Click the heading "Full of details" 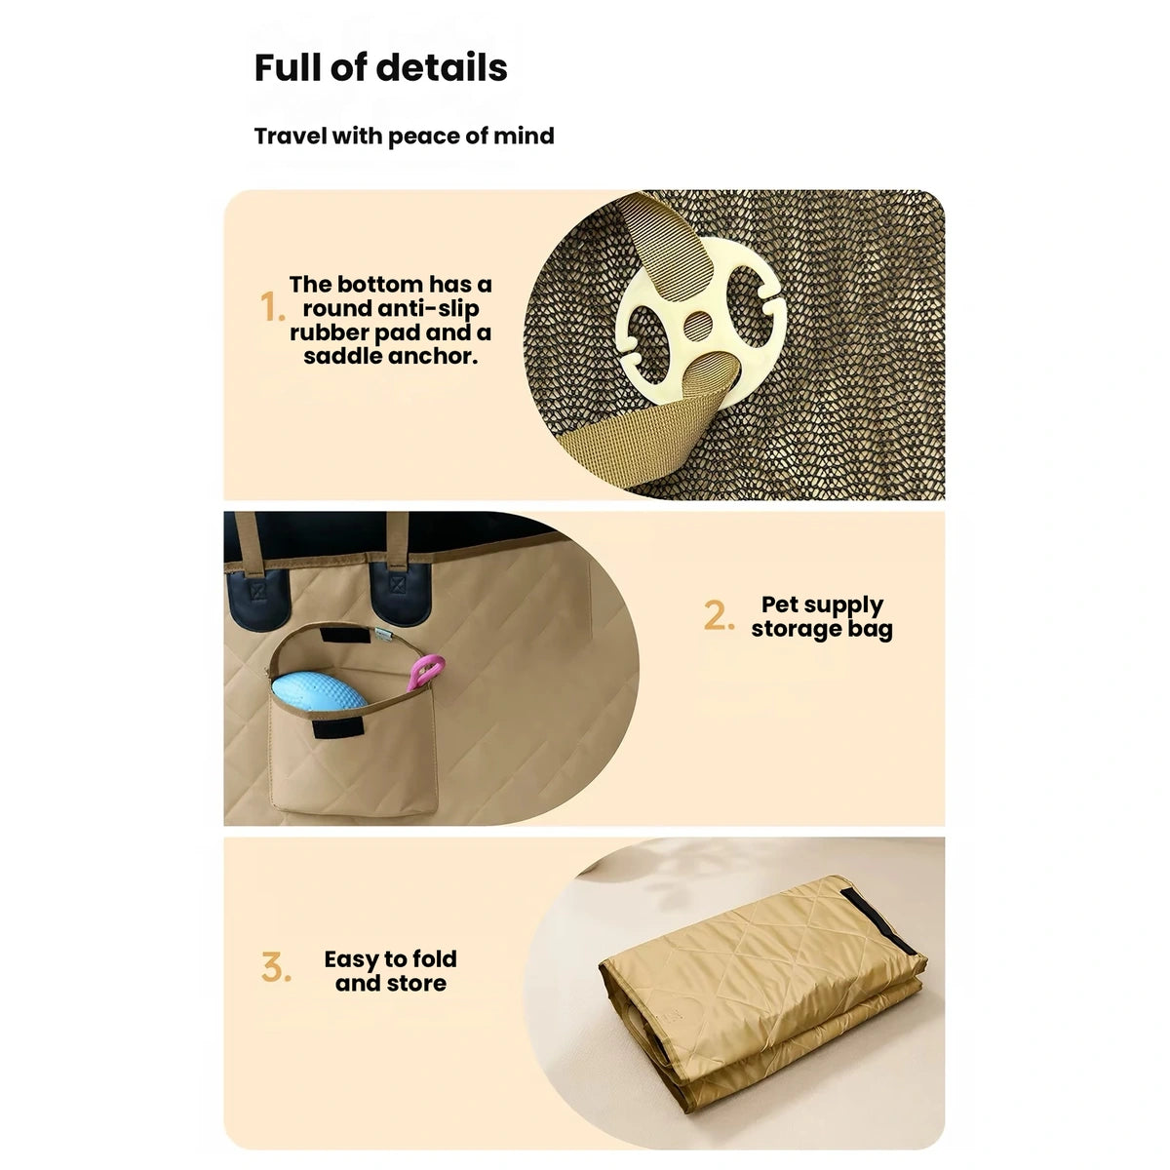(380, 67)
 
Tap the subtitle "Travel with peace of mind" (404, 136)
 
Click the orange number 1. (272, 306)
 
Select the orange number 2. (719, 615)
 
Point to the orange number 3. (276, 967)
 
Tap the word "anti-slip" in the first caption (428, 308)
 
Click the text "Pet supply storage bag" (822, 617)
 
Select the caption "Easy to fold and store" (390, 971)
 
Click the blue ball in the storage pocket (318, 691)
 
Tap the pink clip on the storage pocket (426, 673)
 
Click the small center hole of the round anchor (698, 326)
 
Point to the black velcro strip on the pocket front (338, 726)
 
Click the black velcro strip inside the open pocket (345, 635)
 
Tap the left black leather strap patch (258, 599)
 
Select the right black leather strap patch (400, 593)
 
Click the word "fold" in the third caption (434, 959)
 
